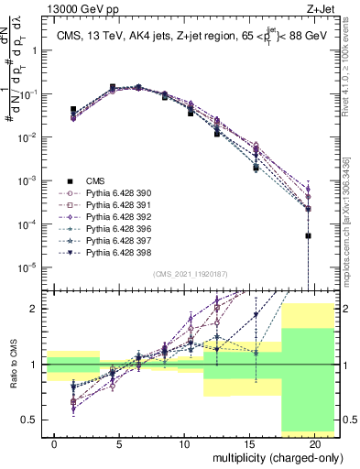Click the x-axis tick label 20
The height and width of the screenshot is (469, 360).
(313, 442)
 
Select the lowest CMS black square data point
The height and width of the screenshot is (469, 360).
(308, 235)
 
